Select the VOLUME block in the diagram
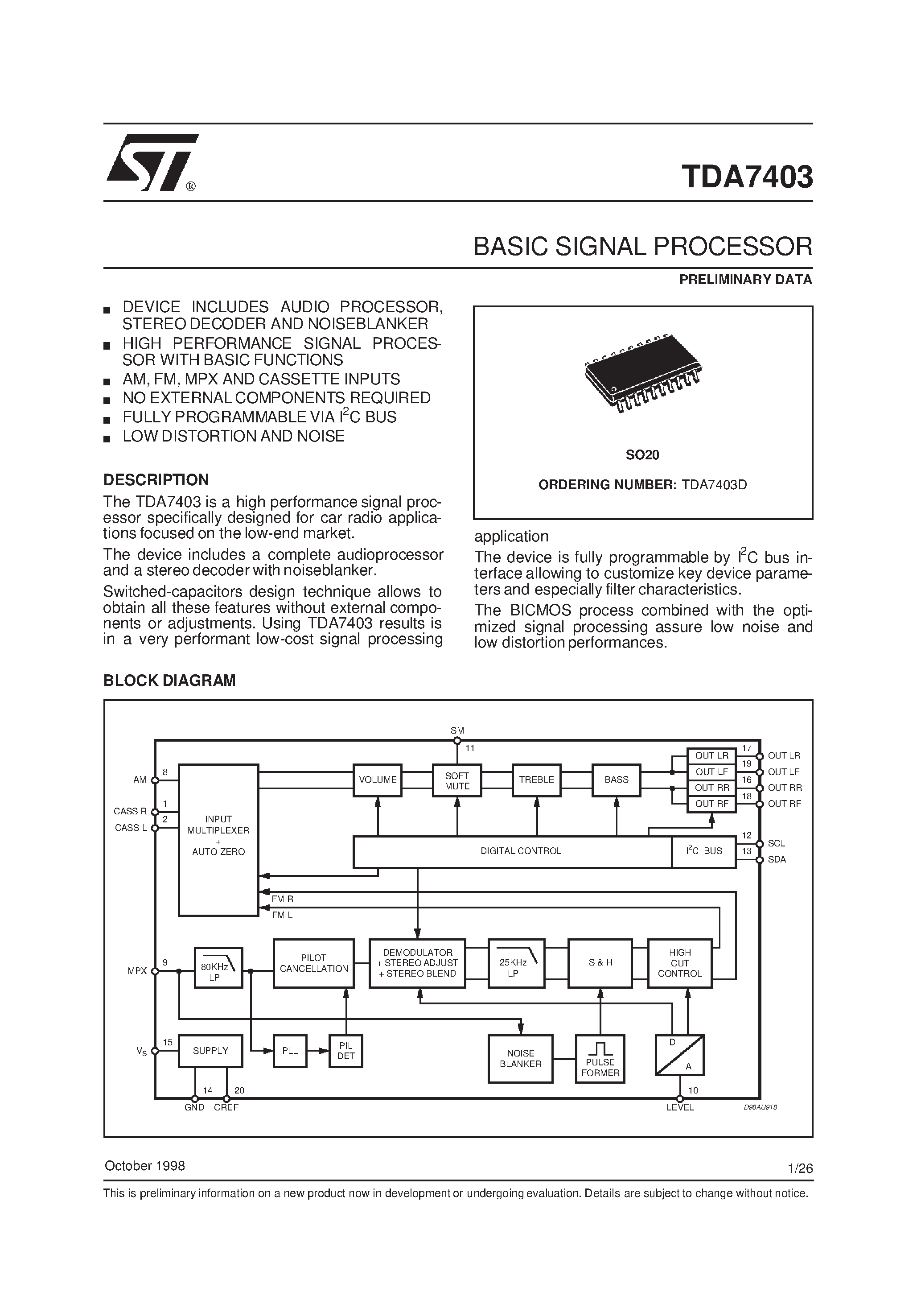pyautogui.click(x=378, y=780)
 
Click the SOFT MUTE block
pyautogui.click(x=457, y=781)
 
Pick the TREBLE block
pyautogui.click(x=537, y=780)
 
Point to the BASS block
pyautogui.click(x=616, y=780)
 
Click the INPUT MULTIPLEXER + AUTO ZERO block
pyautogui.click(x=218, y=841)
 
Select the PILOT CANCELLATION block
pyautogui.click(x=313, y=963)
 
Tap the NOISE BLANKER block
pyautogui.click(x=520, y=1059)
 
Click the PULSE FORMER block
pyautogui.click(x=600, y=1059)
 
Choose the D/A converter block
pyautogui.click(x=680, y=1055)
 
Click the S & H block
pyautogui.click(x=600, y=963)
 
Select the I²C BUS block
pyautogui.click(x=704, y=851)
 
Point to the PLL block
pyautogui.click(x=290, y=1051)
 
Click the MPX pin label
pyautogui.click(x=137, y=971)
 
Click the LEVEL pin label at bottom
pyautogui.click(x=680, y=1107)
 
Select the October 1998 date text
pyautogui.click(x=145, y=1166)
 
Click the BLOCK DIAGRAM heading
pyautogui.click(x=169, y=681)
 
